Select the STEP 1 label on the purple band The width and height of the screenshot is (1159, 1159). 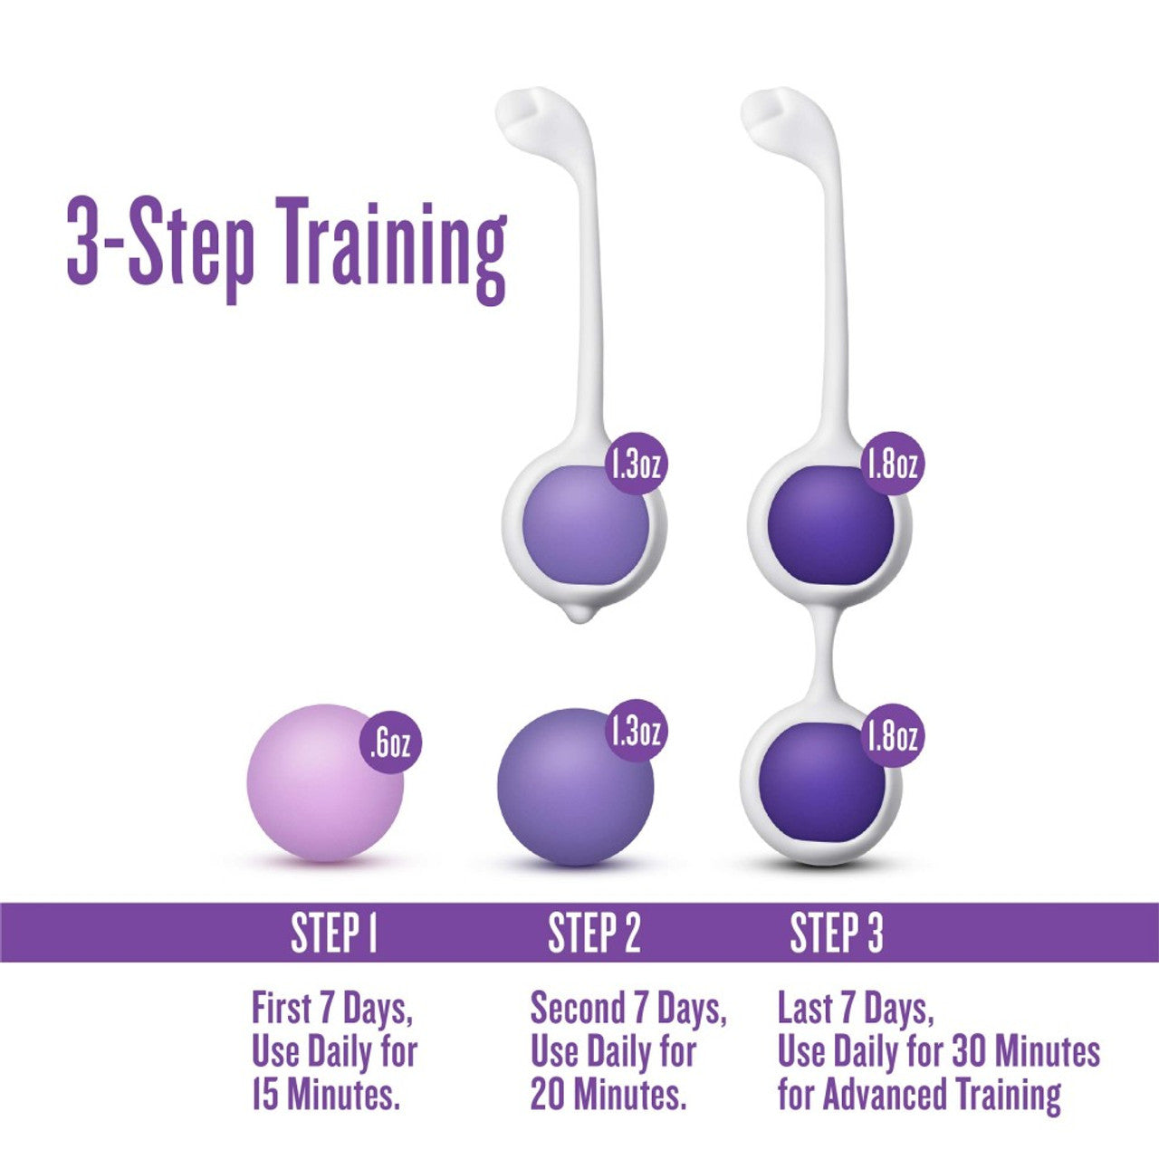tap(333, 933)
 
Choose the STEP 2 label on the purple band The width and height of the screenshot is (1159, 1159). tap(594, 933)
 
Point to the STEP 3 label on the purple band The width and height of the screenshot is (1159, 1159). tap(837, 933)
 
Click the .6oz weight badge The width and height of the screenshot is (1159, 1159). tap(390, 743)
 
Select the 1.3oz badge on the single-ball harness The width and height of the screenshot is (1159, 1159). tap(637, 465)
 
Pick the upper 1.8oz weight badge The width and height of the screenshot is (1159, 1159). tap(891, 465)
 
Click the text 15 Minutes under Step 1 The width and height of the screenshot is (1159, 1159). tap(326, 1096)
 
